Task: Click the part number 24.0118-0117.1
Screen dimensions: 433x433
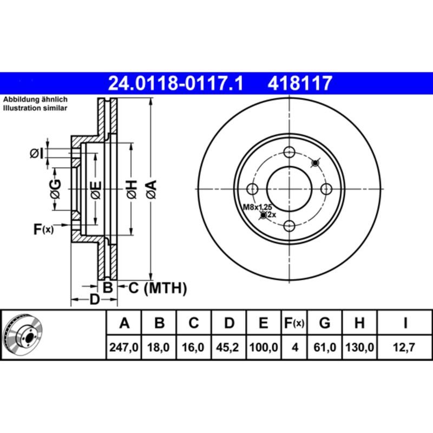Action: [176, 83]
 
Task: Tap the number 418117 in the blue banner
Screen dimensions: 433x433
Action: [299, 83]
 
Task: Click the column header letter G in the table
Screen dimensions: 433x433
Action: [325, 324]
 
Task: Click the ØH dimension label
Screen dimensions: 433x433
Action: [132, 189]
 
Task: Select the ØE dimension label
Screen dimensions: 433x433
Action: [95, 189]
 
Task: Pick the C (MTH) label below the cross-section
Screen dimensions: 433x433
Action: [158, 288]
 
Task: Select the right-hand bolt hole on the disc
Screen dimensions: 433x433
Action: [326, 189]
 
